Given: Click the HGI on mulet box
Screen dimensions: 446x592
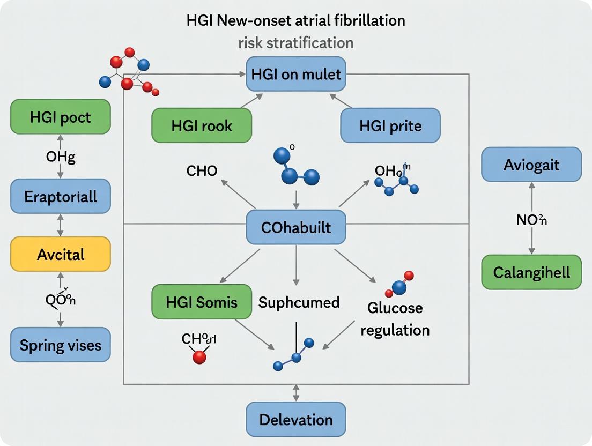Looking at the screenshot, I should pyautogui.click(x=296, y=73).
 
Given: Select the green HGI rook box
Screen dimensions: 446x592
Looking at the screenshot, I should pyautogui.click(x=202, y=125).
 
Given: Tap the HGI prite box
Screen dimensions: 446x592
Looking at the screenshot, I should pyautogui.click(x=390, y=125).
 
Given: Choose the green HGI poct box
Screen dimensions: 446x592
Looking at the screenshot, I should pyautogui.click(x=60, y=116).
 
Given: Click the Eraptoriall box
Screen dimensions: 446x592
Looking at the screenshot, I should pyautogui.click(x=60, y=196).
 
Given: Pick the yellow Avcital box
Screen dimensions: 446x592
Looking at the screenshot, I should pyautogui.click(x=60, y=254).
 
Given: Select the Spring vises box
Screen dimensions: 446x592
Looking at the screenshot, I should pyautogui.click(x=60, y=344).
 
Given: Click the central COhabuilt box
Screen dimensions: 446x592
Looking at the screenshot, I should pyautogui.click(x=296, y=227).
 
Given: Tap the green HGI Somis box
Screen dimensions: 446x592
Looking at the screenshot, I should pyautogui.click(x=202, y=302).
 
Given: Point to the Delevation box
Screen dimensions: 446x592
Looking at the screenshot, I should pyautogui.click(x=296, y=419).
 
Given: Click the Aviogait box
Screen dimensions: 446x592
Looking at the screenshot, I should pyautogui.click(x=531, y=165).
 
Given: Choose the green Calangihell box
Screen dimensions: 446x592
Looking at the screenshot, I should pyautogui.click(x=531, y=272).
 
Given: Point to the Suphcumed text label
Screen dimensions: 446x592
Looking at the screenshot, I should pyautogui.click(x=299, y=302).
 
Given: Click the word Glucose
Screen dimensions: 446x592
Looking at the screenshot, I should pyautogui.click(x=395, y=308).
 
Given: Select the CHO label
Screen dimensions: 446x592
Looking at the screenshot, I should pyautogui.click(x=202, y=172).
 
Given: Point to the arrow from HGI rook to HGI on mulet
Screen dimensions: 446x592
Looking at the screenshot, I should pyautogui.click(x=251, y=100).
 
